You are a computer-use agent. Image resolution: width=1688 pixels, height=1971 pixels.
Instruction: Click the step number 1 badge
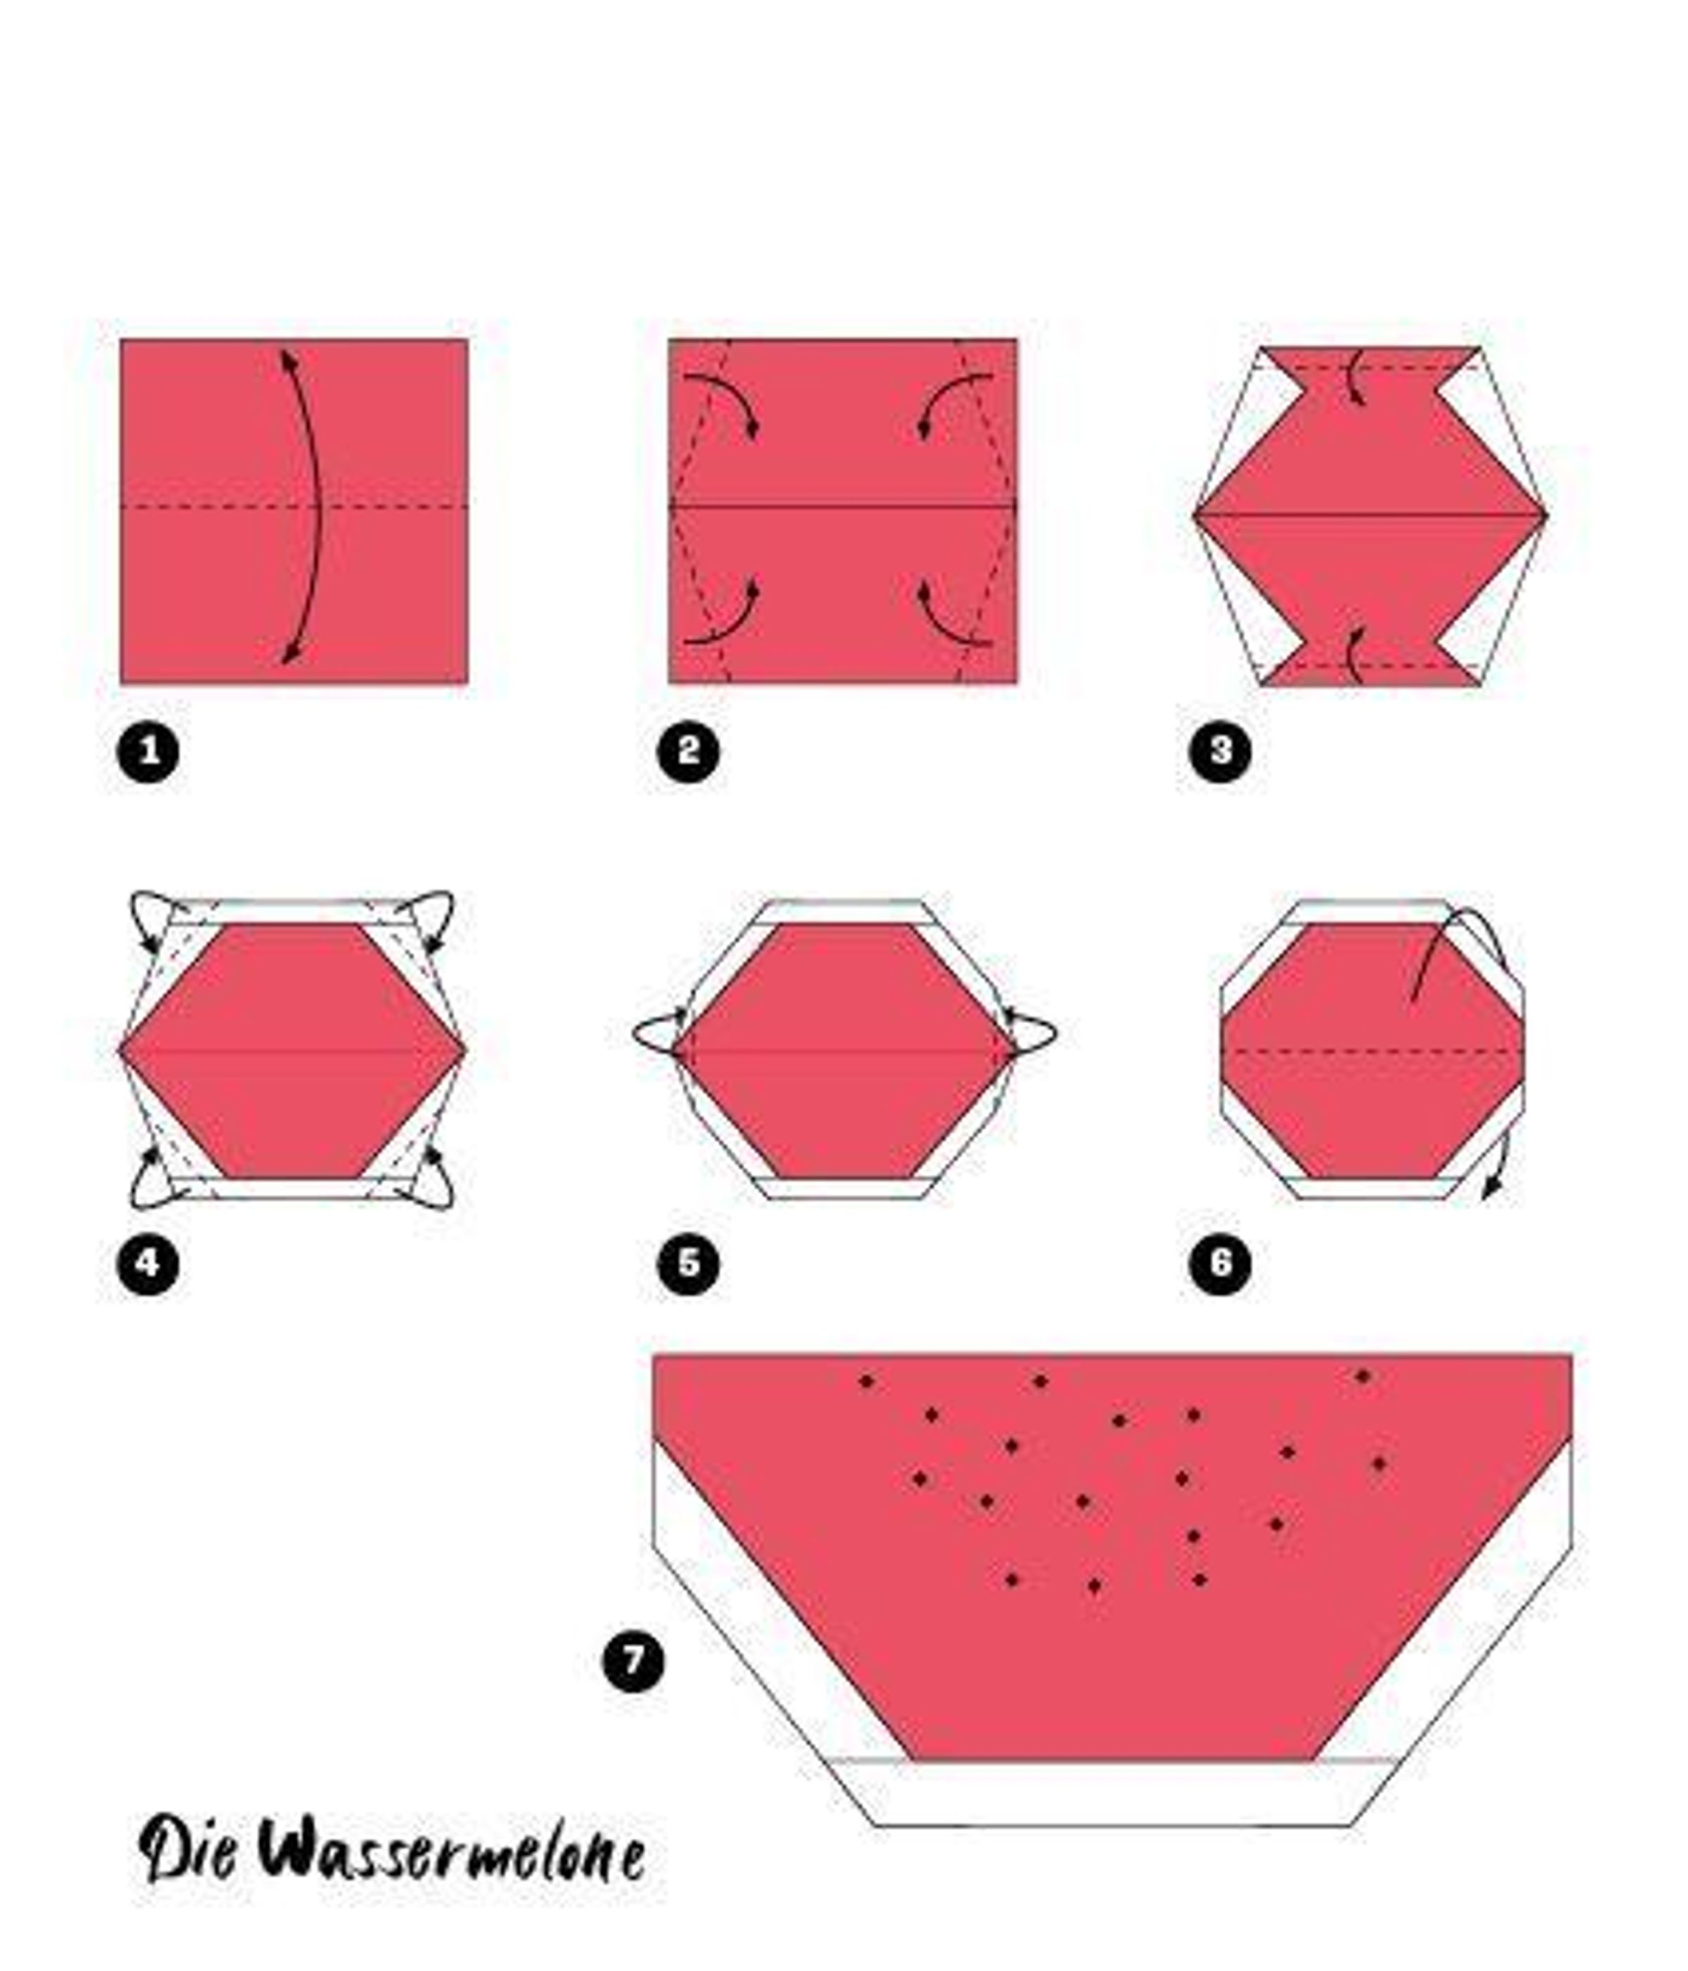(x=148, y=752)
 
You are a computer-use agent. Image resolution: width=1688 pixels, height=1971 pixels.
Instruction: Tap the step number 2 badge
(x=688, y=752)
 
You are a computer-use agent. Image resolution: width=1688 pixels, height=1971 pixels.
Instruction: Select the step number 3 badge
(x=1220, y=751)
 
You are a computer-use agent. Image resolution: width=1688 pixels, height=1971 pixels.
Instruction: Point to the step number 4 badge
(x=148, y=1263)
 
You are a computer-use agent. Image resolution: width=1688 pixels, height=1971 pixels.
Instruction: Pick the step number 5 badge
(x=688, y=1263)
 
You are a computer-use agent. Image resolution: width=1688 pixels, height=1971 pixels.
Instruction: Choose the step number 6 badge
(x=1220, y=1263)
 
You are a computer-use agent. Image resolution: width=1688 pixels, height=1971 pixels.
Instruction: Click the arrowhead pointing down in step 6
(x=1493, y=1186)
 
